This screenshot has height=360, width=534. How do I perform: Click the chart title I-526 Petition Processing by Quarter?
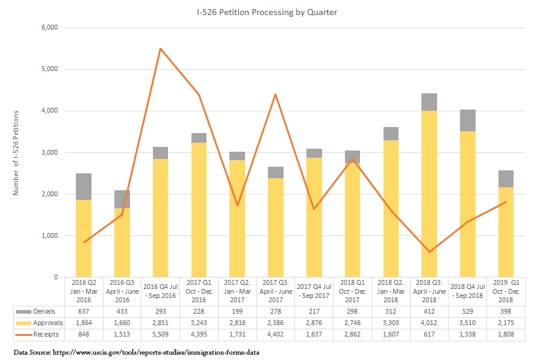267,12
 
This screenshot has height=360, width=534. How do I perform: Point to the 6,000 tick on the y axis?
48,28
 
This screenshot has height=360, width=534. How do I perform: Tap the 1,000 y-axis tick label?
48,236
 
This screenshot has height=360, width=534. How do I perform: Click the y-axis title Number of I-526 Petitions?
16,152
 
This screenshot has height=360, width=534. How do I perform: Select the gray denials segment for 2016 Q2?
83,187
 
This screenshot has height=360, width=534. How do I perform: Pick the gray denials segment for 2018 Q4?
468,120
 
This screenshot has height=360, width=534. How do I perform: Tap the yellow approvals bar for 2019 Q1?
506,232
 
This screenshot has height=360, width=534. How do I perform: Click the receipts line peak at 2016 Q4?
160,48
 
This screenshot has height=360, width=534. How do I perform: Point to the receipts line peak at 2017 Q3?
275,95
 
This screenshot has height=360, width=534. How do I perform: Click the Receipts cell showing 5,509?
160,334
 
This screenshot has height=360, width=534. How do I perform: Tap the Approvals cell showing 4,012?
429,323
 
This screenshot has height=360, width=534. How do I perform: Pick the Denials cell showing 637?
84,311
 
